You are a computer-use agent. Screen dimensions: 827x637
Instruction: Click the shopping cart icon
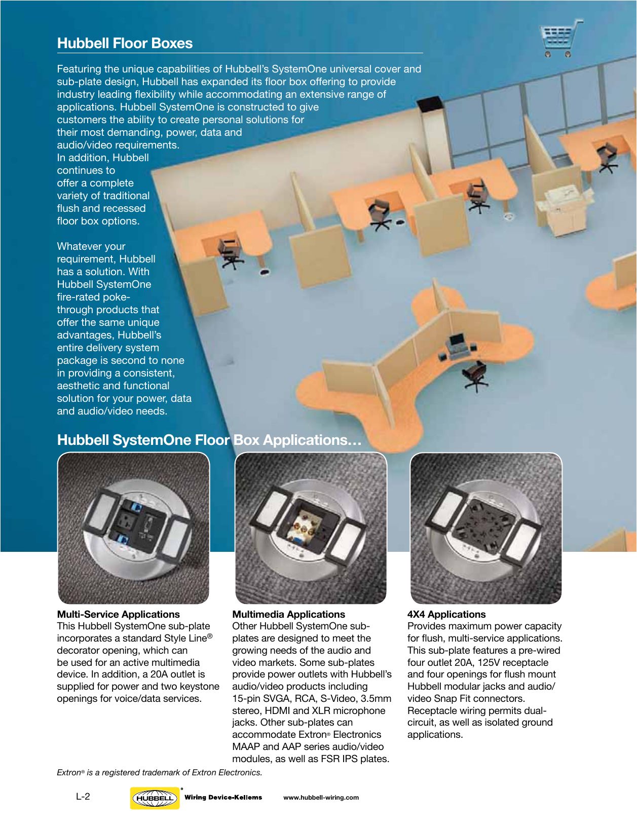point(560,39)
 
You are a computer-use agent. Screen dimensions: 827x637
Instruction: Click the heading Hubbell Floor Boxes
point(125,43)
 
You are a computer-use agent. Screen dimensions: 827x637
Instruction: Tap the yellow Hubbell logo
point(155,798)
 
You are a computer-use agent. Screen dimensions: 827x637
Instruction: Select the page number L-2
point(83,797)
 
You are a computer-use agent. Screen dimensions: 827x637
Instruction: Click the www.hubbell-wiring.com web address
point(321,798)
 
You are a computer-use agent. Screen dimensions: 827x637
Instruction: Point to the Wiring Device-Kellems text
point(223,797)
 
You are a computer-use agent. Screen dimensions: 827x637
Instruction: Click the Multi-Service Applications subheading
point(118,614)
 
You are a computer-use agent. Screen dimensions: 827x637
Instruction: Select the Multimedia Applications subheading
point(288,614)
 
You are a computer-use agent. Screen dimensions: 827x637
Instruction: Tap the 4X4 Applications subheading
point(446,614)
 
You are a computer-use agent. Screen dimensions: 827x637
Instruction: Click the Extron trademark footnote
point(159,773)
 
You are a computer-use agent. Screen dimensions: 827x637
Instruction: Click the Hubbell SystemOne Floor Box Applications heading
point(209,440)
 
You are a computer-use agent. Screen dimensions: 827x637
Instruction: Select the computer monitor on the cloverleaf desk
point(457,341)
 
